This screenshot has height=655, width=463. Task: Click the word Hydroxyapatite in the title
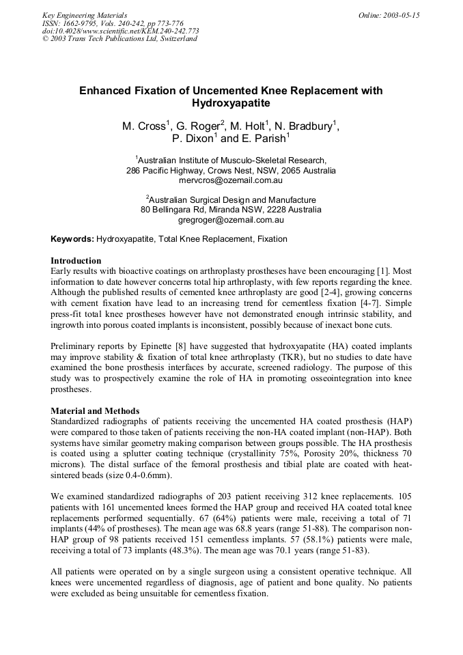231,104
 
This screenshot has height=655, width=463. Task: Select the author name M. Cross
144,126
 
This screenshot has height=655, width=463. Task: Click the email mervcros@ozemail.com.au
231,180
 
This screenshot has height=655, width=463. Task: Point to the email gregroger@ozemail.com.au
231,220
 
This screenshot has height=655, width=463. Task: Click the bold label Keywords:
72,239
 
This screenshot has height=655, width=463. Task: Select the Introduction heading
76,261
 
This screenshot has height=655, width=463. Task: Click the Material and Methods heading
95,411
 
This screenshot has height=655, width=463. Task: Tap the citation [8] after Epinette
188,346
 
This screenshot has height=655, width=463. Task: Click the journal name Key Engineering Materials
84,15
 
